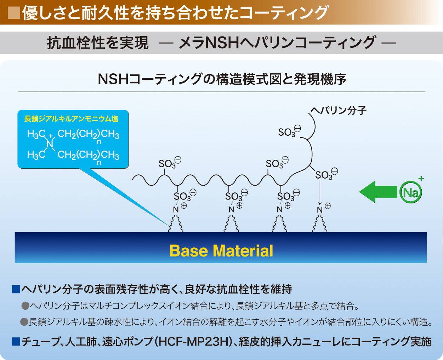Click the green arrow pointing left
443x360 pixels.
coord(378,192)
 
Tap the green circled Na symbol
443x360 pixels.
coord(410,192)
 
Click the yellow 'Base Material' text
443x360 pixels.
coord(221,251)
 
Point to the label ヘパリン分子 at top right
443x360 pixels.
coord(339,110)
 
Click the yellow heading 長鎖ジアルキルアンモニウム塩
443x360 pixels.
coord(71,119)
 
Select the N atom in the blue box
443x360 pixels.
coord(50,144)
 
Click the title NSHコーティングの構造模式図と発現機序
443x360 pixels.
coord(222,79)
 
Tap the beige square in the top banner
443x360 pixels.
coord(14,13)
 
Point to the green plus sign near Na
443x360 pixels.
coord(421,179)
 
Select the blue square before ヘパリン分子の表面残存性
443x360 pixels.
coord(16,289)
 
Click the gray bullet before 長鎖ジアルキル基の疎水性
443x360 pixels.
coord(24,322)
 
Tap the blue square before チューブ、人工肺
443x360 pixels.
coord(16,342)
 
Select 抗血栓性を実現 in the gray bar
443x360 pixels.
coord(98,43)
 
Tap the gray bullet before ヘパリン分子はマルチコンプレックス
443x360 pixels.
coord(25,306)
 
